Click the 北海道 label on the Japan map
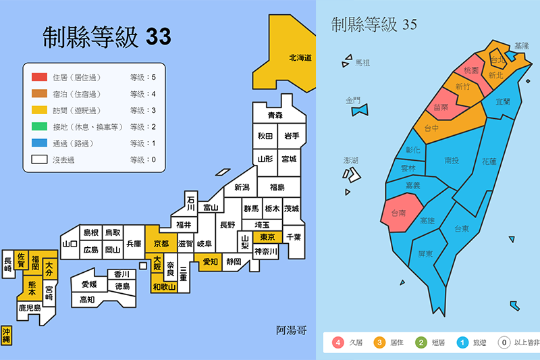pyautogui.click(x=300, y=58)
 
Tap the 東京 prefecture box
pyautogui.click(x=267, y=237)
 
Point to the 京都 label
pyautogui.click(x=161, y=243)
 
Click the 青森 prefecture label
pyautogui.click(x=274, y=115)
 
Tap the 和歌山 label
pyautogui.click(x=163, y=287)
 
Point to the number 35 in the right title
pyautogui.click(x=409, y=25)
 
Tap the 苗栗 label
pyautogui.click(x=441, y=107)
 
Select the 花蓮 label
pyautogui.click(x=489, y=161)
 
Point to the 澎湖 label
pyautogui.click(x=351, y=161)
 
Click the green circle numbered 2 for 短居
pyautogui.click(x=422, y=342)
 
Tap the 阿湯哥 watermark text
pyautogui.click(x=291, y=330)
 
